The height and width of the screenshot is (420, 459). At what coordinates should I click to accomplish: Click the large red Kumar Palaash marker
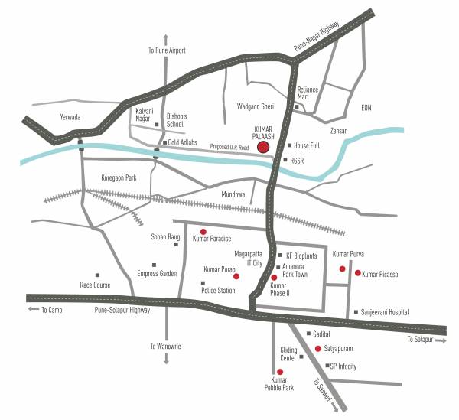[263, 147]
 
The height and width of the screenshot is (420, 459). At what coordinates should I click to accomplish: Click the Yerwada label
[70, 117]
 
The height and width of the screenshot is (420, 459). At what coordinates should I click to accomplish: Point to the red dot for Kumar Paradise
[203, 231]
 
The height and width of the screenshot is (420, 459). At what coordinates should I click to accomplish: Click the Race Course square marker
[97, 275]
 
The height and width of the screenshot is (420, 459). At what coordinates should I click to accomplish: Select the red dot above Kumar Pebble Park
[280, 371]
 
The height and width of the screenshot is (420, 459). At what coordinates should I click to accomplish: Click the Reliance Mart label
[308, 93]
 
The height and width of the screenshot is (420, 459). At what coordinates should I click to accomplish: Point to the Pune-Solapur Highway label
[122, 310]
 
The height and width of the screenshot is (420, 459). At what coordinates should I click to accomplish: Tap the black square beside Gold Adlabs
[164, 142]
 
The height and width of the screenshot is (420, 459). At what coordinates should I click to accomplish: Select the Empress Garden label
[157, 273]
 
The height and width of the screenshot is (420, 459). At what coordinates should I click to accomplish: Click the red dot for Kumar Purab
[236, 275]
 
